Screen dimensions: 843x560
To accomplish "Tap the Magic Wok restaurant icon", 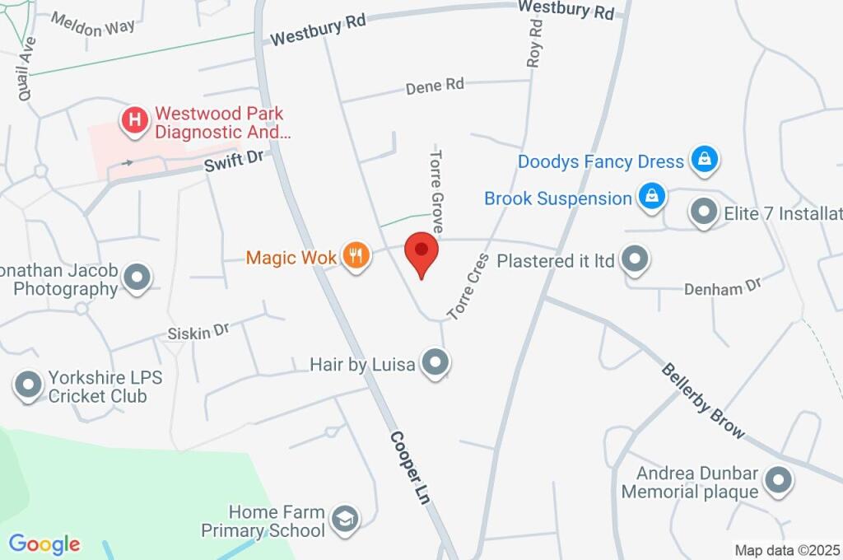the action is point(356,255).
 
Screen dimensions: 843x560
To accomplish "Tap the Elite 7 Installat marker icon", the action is point(703,212).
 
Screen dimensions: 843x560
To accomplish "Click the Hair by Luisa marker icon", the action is point(435,361).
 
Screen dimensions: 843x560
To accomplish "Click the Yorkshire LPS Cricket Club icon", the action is point(29,385).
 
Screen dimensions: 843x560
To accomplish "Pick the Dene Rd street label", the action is point(435,86).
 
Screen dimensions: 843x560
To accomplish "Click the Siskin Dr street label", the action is point(198,331).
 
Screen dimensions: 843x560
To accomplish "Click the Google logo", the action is point(44,544).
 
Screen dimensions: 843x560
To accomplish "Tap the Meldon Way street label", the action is point(92,25).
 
